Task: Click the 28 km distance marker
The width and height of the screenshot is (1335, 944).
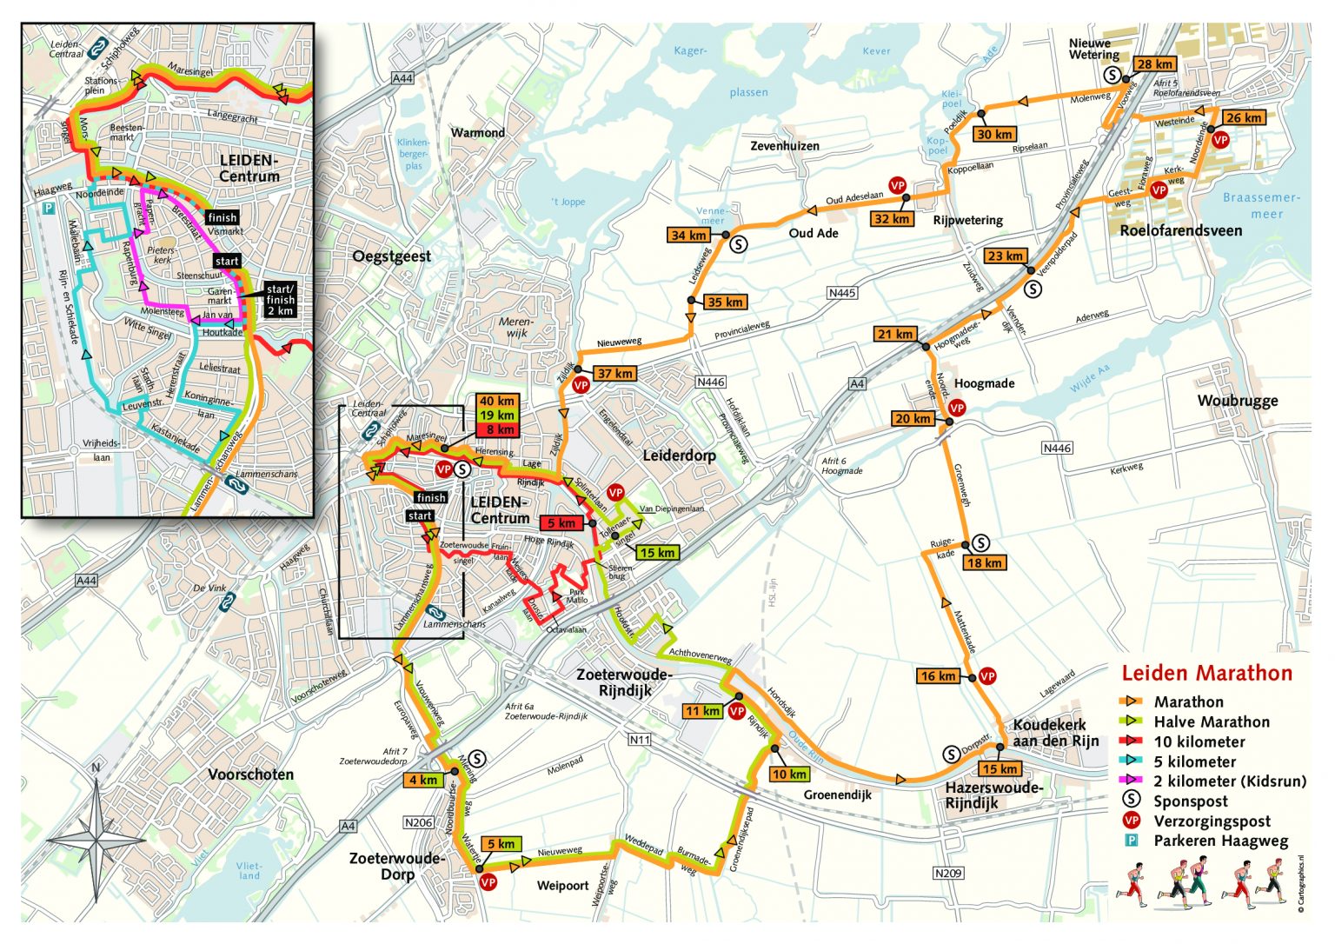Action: (x=1155, y=64)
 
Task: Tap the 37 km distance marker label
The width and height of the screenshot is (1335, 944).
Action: (x=614, y=374)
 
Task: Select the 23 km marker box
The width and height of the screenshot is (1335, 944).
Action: (x=1005, y=256)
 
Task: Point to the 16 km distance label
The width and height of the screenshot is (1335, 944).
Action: (x=937, y=676)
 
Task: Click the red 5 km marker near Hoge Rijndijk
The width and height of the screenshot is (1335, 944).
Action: (x=561, y=523)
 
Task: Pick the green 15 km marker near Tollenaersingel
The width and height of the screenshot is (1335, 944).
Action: (x=657, y=553)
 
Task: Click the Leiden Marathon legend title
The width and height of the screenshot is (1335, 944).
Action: (x=1206, y=674)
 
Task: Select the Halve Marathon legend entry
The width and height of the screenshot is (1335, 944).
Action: (x=1211, y=721)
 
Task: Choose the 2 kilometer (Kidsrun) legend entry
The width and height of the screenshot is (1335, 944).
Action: (x=1229, y=781)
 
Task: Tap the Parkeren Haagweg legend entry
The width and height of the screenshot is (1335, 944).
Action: (x=1220, y=841)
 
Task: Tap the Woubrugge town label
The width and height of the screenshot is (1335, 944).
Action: (x=1238, y=401)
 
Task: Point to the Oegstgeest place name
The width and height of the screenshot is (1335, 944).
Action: (x=391, y=256)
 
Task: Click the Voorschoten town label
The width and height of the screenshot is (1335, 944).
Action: (x=250, y=774)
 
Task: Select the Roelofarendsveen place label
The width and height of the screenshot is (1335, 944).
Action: (x=1180, y=231)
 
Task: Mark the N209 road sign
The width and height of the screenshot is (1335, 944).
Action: (x=948, y=873)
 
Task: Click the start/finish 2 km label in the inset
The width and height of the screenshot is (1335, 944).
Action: (x=280, y=300)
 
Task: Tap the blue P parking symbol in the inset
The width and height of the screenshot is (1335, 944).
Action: (x=50, y=209)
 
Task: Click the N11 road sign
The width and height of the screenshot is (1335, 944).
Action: (x=639, y=740)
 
